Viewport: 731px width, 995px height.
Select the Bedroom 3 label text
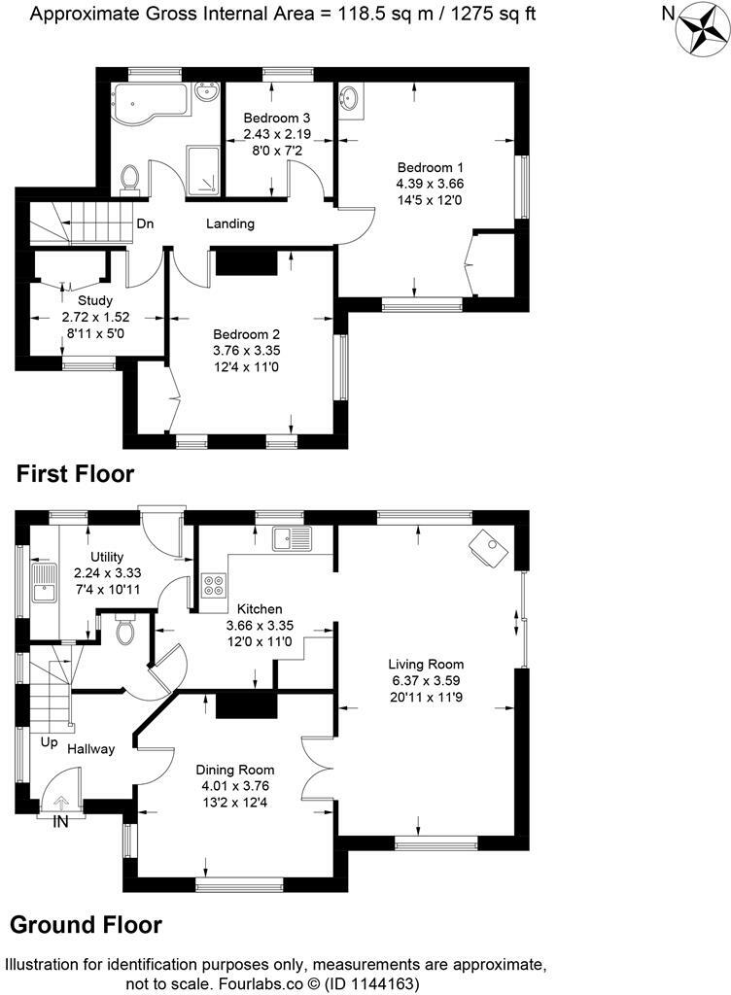pos(276,119)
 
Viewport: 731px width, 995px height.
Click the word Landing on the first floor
pos(230,223)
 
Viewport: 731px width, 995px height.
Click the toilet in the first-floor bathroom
pos(130,177)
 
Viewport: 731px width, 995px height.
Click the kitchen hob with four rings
pos(213,585)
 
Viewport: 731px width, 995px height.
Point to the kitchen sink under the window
pos(291,537)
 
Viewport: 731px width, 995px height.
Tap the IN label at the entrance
pos(60,821)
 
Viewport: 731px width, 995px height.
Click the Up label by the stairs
pos(49,741)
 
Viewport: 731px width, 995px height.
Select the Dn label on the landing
pos(145,224)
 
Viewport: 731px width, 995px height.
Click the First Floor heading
pos(75,474)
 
